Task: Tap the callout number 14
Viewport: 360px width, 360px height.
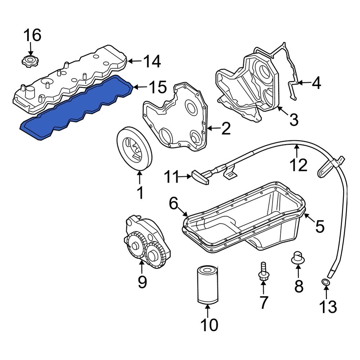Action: click(x=152, y=62)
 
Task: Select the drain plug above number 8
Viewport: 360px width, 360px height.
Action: click(x=298, y=258)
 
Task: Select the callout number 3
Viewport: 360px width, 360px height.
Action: click(x=294, y=120)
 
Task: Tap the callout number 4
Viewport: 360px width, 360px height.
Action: click(x=316, y=84)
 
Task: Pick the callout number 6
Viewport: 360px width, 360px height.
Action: click(x=174, y=204)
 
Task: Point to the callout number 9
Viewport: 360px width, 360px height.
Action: click(x=142, y=282)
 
